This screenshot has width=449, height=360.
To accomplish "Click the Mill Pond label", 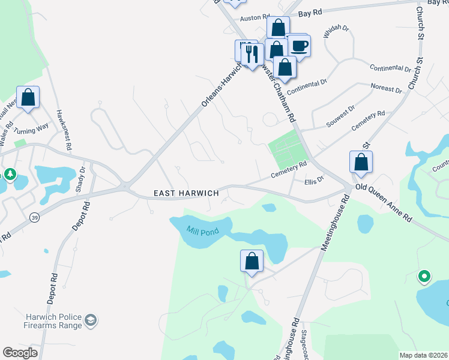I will tap(200, 230).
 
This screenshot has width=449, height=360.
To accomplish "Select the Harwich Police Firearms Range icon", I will tap(91, 320).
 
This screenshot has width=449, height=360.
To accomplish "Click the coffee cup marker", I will tap(299, 46).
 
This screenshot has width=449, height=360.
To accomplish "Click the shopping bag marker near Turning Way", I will tap(28, 97).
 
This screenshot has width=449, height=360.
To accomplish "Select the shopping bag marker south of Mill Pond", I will tap(252, 261).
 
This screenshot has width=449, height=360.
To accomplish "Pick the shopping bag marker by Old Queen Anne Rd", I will tap(361, 162).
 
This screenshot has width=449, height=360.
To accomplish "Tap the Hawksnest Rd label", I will tap(64, 129).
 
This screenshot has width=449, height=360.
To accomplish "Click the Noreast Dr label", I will tap(387, 89).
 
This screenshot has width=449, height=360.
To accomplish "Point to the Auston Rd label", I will tap(252, 19).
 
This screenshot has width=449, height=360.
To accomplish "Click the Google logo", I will tap(20, 352).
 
